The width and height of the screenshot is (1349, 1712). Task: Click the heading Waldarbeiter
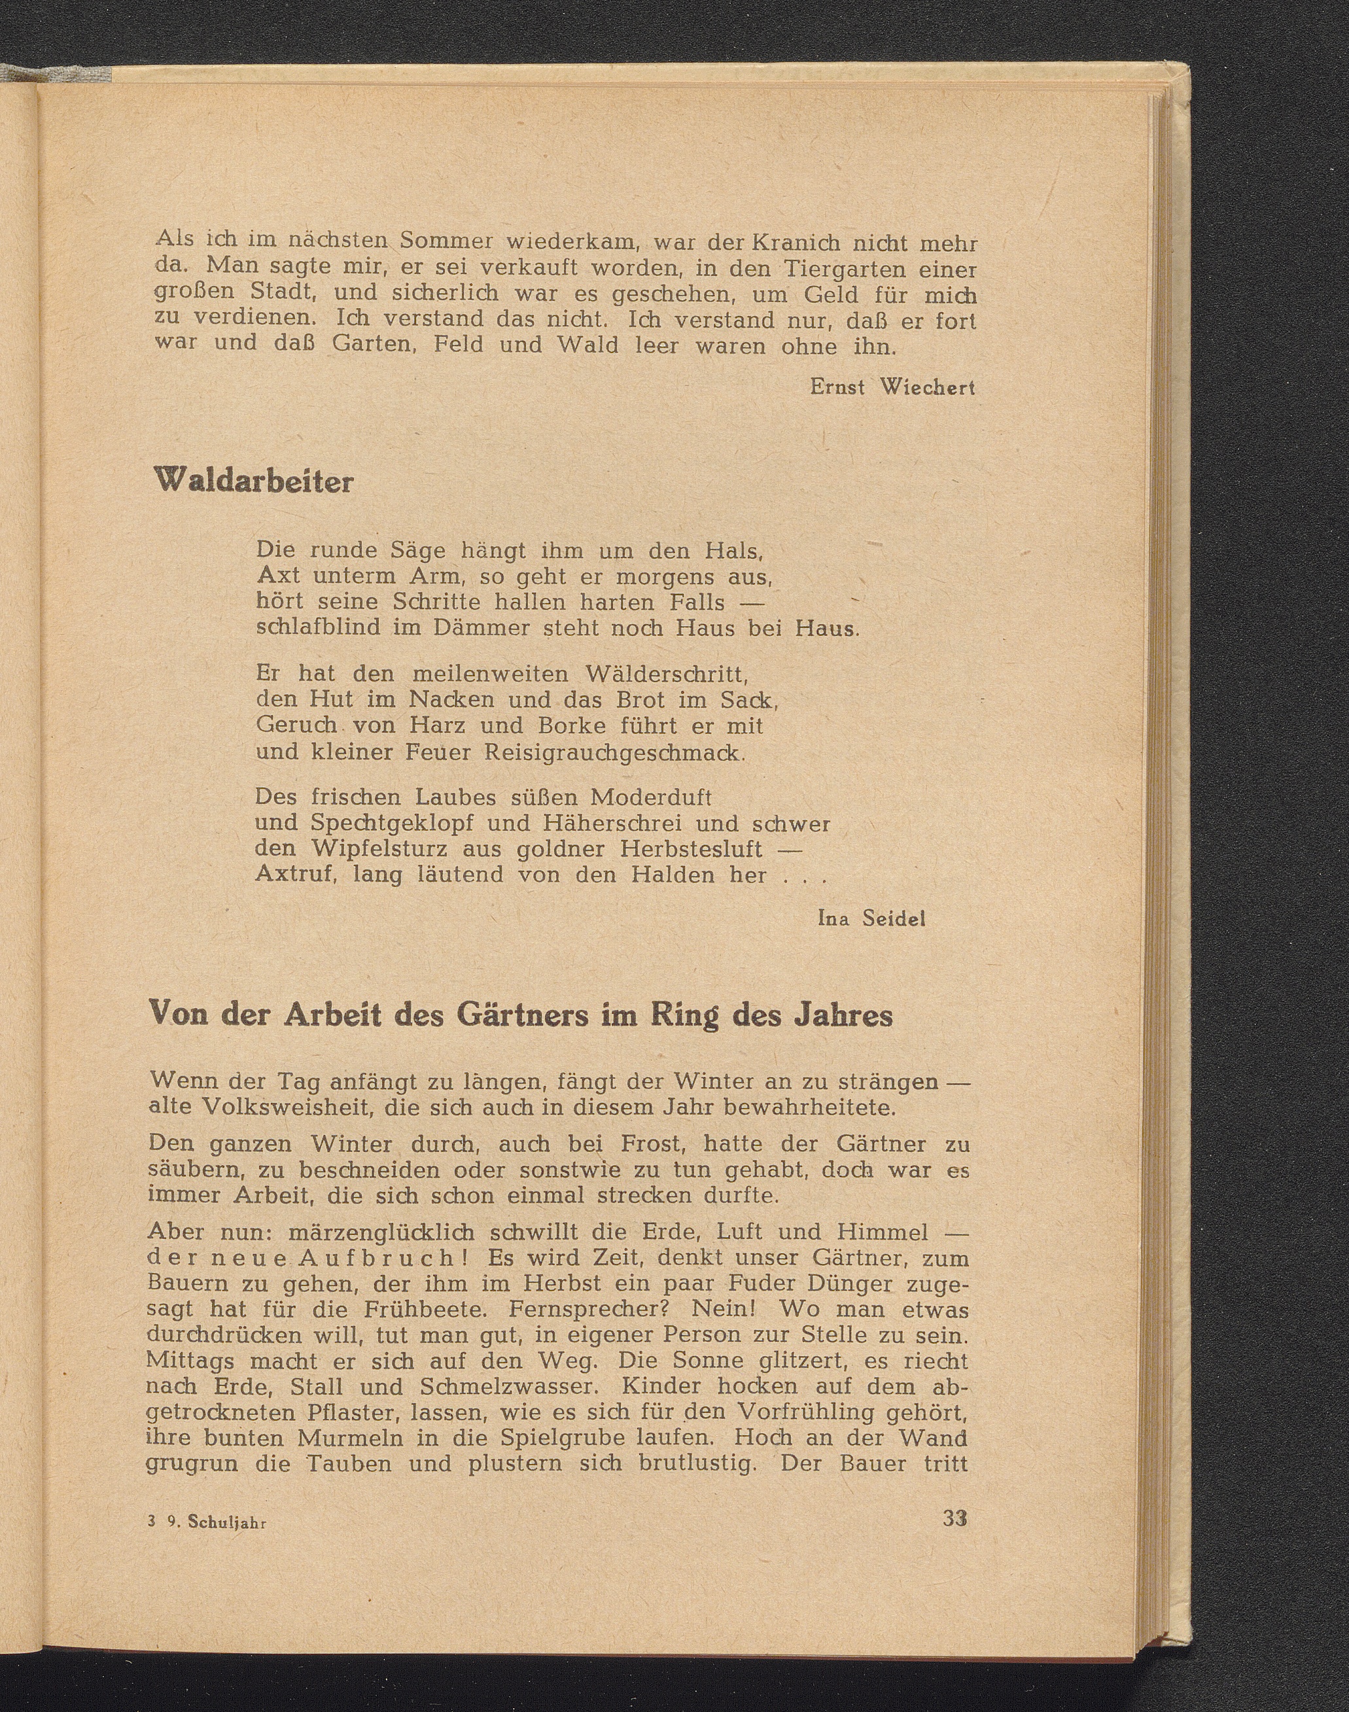[x=254, y=481]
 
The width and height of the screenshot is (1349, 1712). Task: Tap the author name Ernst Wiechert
[x=892, y=388]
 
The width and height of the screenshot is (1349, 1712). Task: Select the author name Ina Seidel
[x=871, y=918]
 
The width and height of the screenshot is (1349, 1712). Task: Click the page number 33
[x=955, y=1518]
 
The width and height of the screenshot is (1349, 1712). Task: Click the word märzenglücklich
[x=381, y=1232]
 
